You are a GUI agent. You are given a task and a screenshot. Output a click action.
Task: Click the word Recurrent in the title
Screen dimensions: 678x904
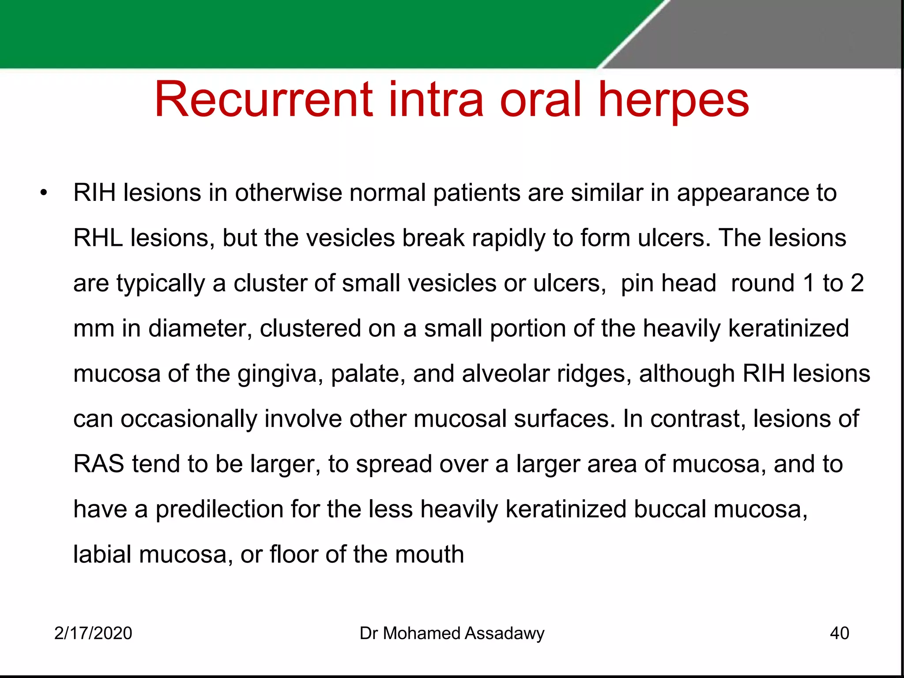pos(264,100)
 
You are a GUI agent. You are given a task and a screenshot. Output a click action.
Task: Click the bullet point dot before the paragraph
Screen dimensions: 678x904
pos(43,193)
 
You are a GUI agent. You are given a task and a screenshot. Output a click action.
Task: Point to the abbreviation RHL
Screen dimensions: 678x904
pos(98,238)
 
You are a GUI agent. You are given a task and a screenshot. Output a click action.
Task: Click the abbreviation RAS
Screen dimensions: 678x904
pos(98,464)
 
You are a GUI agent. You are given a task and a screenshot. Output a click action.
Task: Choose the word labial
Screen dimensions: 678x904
pos(102,554)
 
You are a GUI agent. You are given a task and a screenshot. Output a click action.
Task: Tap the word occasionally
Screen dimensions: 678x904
pos(188,419)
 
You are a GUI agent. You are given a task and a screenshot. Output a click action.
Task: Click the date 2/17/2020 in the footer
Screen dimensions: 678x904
pos(93,633)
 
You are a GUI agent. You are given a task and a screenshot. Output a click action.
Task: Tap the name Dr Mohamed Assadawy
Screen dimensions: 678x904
pos(452,633)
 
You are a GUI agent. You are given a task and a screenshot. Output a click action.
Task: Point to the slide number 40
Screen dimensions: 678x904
pos(839,633)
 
